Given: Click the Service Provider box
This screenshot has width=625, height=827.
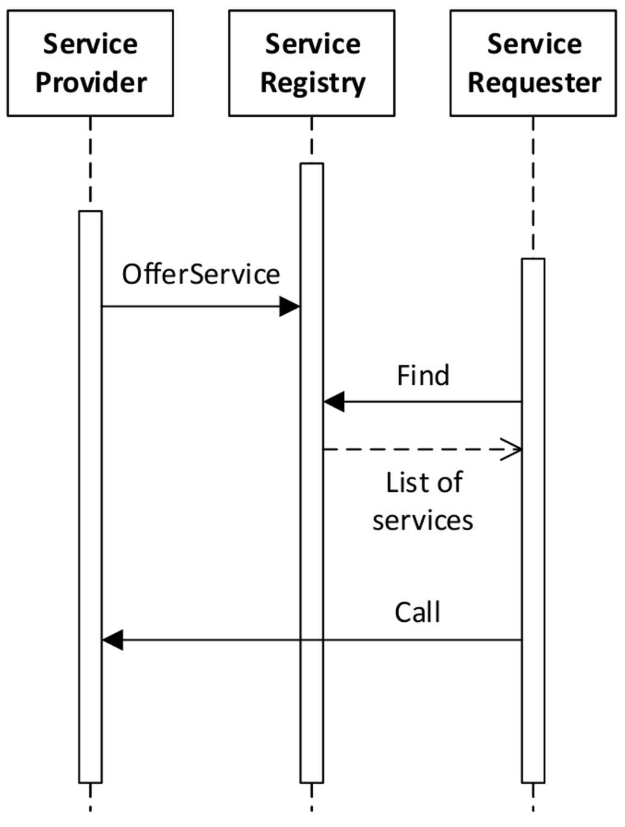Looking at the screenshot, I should tap(90, 63).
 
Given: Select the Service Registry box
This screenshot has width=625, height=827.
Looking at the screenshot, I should tap(312, 63).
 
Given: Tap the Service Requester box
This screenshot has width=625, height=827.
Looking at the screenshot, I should tap(533, 63).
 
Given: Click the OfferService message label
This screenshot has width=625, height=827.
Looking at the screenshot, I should tap(201, 274).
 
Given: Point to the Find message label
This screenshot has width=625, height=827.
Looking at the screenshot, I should tap(423, 376).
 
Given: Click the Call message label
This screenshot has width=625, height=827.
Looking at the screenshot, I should tap(417, 613).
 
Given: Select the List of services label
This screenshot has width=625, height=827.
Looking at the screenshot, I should tap(423, 501).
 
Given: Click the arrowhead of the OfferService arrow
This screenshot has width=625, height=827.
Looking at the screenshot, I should tap(290, 306).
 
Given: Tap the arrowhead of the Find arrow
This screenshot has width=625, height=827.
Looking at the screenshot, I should tap(334, 401).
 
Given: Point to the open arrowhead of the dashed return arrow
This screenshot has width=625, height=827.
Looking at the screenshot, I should tap(512, 449).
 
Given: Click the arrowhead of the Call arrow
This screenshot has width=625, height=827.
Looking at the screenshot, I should tap(113, 640).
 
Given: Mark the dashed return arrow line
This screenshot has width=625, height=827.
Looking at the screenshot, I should tap(415, 449).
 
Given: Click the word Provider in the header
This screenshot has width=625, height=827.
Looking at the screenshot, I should tap(91, 82).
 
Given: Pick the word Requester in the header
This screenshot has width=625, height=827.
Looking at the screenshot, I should tap(534, 82).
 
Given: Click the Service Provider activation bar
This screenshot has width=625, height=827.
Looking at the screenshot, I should tap(90, 482).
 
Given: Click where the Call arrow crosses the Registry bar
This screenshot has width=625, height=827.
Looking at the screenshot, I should tap(312, 640).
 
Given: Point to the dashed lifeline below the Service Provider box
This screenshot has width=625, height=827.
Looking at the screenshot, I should tap(90, 163).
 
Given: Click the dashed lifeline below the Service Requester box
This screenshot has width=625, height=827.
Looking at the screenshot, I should tap(533, 187).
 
